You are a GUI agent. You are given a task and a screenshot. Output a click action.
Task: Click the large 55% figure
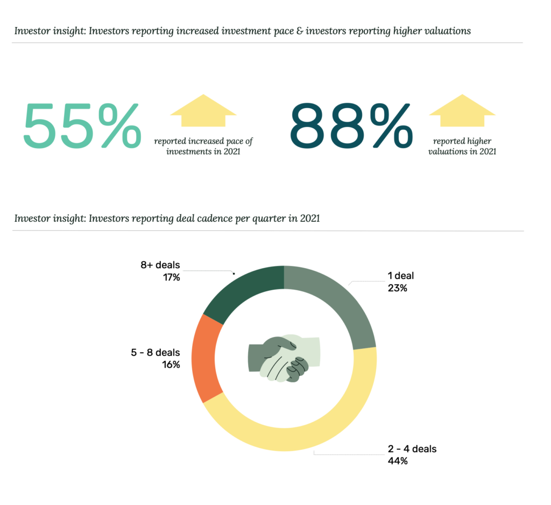(x=82, y=125)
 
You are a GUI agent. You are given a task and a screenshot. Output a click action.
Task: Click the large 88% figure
(x=351, y=125)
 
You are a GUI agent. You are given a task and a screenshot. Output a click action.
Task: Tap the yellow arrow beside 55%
(x=203, y=110)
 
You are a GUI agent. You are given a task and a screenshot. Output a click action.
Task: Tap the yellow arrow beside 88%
(x=462, y=110)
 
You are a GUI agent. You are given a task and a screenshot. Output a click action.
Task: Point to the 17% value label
(x=172, y=277)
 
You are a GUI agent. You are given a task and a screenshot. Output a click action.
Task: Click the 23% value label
(x=398, y=288)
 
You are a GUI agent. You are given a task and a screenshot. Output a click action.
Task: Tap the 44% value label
(x=398, y=461)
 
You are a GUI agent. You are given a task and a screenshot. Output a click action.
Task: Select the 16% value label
(x=171, y=364)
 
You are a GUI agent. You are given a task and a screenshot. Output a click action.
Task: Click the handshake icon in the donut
(x=284, y=359)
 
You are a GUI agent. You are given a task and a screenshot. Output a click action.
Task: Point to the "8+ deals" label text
(x=160, y=265)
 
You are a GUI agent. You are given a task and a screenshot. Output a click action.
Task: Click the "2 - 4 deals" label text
(x=412, y=448)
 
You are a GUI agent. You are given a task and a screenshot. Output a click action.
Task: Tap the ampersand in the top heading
(x=299, y=31)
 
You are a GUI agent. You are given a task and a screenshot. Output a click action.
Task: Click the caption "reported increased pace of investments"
(x=203, y=146)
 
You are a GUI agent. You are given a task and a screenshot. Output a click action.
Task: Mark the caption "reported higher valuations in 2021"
(x=462, y=146)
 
